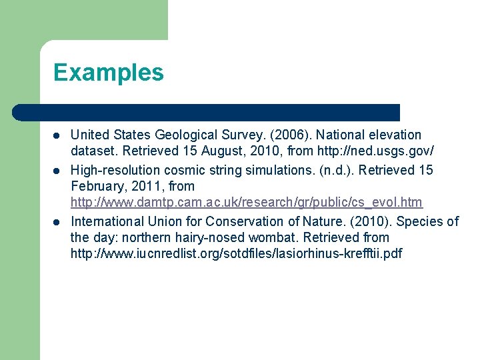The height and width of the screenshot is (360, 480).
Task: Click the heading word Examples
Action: [x=108, y=72]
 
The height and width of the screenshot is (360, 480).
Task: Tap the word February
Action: [x=97, y=186]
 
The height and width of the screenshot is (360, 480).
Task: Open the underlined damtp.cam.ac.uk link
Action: [x=246, y=202]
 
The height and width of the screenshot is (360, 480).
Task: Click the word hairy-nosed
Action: [x=173, y=237]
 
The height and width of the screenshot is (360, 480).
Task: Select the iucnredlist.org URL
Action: [x=236, y=253]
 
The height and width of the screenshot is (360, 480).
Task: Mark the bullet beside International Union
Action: [x=57, y=222]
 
